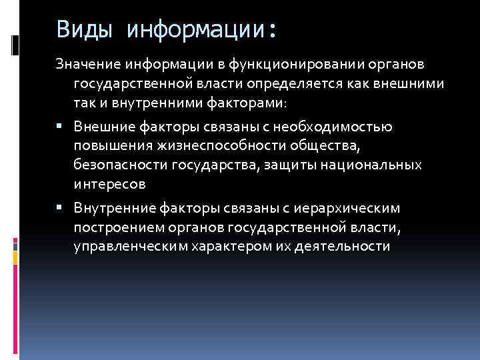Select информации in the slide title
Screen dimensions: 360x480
pyautogui.click(x=201, y=29)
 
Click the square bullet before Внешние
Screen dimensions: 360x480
pyautogui.click(x=60, y=127)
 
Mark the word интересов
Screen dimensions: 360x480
pyautogui.click(x=108, y=183)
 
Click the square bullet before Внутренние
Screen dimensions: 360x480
pyautogui.click(x=60, y=209)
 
